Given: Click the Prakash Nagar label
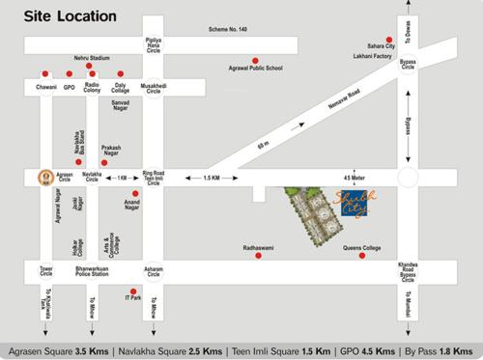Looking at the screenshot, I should [117, 152].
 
